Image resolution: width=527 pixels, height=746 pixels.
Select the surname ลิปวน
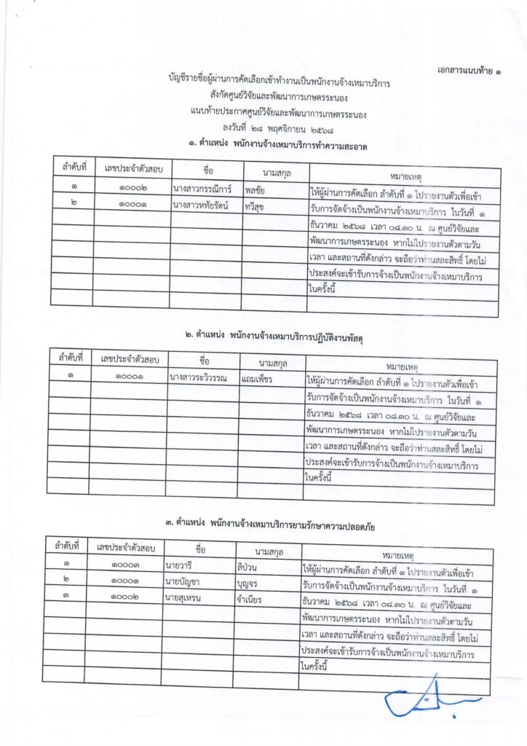click(248, 565)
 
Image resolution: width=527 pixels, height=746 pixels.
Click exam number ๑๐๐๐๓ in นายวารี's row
click(125, 564)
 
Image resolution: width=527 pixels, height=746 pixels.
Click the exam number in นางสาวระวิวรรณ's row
click(127, 377)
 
